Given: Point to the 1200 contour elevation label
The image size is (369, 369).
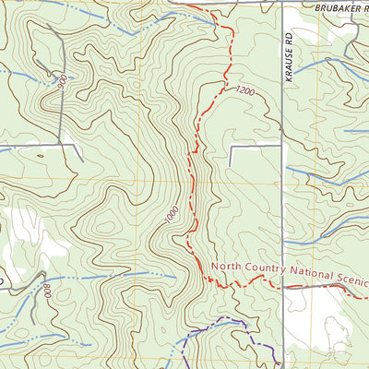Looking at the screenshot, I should (x=244, y=90).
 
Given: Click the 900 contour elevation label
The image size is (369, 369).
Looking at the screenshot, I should (x=62, y=82).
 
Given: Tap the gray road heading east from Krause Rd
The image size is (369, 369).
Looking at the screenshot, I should (x=323, y=287).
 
